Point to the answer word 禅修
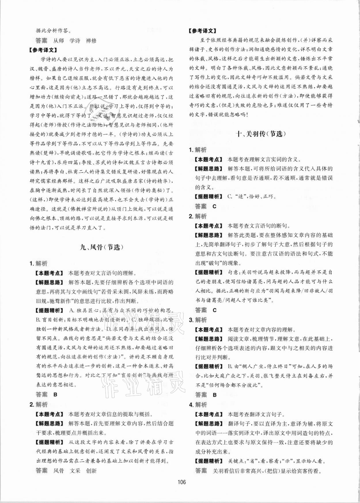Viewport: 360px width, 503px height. coord(91,41)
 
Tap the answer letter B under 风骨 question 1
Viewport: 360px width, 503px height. coord(55,394)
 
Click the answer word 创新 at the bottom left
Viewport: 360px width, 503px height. coord(91,471)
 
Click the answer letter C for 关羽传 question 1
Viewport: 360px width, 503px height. coord(214,206)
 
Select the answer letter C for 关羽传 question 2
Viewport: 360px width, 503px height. coord(214,310)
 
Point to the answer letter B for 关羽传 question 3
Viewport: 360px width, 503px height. coord(214,395)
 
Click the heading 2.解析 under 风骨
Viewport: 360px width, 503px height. coord(39,405)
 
